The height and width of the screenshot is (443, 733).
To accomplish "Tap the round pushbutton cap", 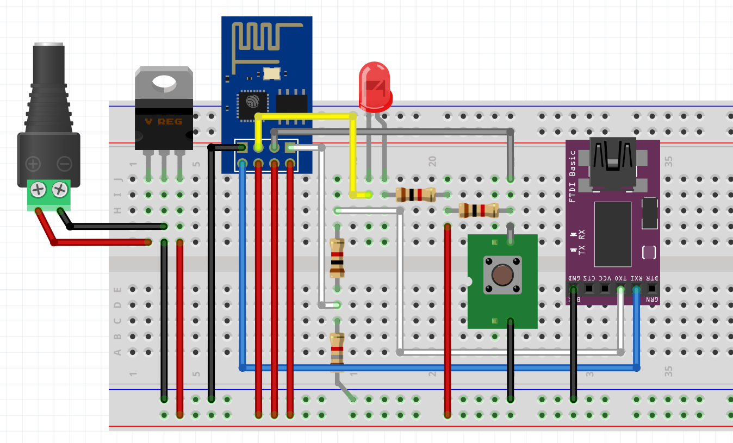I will (502, 274).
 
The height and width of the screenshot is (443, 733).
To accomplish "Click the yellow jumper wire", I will (305, 116).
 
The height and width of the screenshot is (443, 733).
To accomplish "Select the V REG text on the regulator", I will (163, 121).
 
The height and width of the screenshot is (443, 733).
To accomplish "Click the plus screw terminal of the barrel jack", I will (38, 190).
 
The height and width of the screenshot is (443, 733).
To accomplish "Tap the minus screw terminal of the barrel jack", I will (60, 190).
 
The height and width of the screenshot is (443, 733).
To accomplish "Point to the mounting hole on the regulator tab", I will (164, 82).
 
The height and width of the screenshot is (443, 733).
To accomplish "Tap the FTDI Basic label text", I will (572, 176).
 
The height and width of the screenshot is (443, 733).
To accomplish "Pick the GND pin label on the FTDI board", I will (574, 278).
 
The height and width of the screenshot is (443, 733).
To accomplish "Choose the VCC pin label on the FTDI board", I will (605, 278).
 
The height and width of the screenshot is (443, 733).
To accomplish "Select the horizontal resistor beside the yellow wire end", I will (415, 194).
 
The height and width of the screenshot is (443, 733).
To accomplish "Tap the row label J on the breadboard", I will (117, 179).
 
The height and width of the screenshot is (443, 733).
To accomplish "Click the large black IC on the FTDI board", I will (613, 234).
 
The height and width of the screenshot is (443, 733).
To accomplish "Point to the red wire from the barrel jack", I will (98, 242).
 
